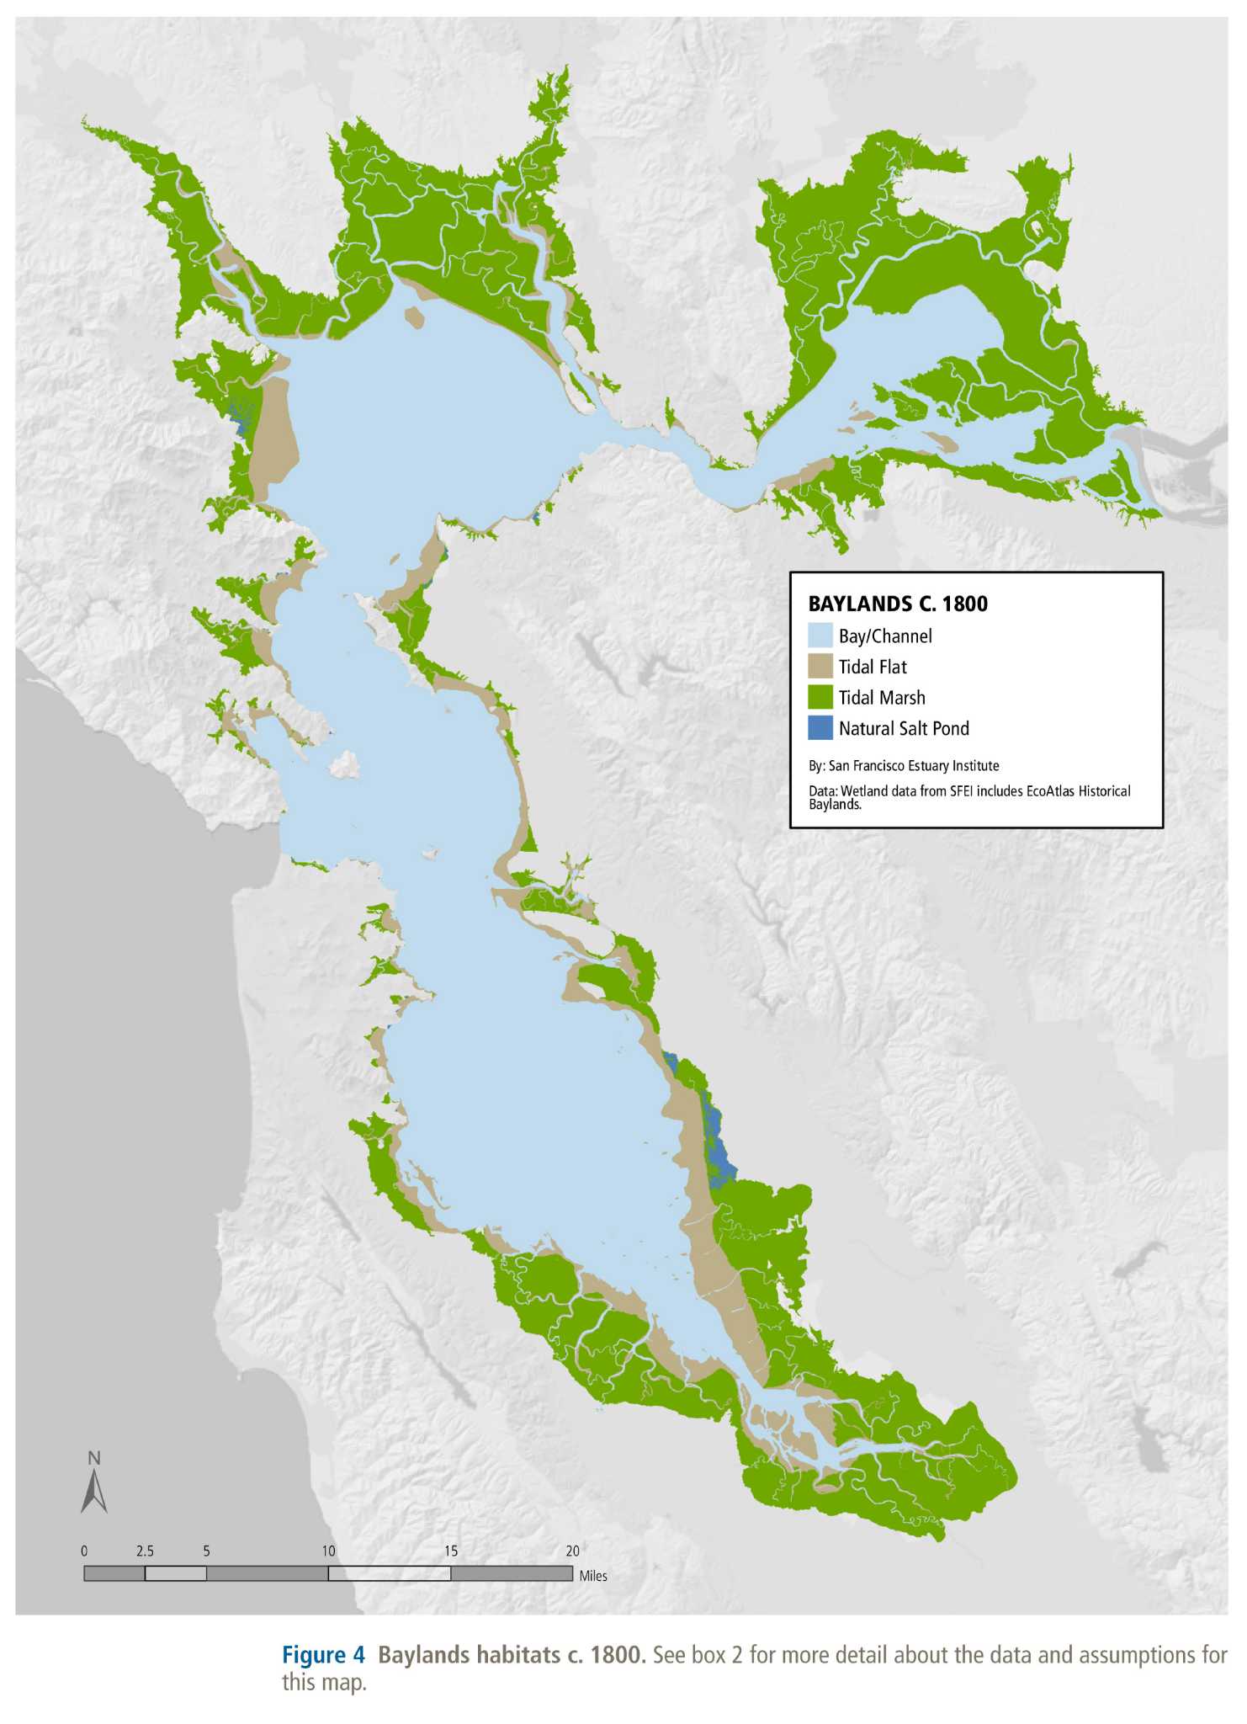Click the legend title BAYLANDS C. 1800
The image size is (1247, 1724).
898,604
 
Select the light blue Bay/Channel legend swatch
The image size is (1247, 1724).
820,636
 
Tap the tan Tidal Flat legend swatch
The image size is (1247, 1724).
820,667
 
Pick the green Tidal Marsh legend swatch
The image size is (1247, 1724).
820,698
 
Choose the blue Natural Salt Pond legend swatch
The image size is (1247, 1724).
820,728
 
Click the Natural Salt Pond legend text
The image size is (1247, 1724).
904,729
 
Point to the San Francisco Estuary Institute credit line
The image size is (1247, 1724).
904,766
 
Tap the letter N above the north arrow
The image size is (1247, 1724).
94,1458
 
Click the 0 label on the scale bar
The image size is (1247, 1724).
84,1551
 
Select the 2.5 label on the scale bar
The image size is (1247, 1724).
145,1551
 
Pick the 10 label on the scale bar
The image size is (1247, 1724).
328,1551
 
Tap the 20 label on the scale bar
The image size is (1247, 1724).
572,1551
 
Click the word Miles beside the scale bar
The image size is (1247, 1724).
593,1576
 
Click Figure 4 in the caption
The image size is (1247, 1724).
323,1655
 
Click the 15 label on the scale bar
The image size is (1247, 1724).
450,1551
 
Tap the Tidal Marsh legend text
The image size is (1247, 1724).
882,698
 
